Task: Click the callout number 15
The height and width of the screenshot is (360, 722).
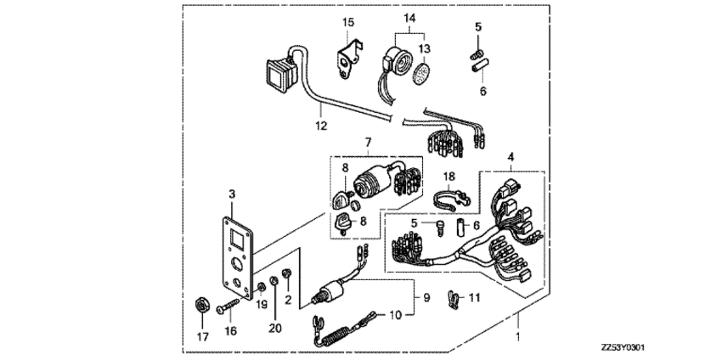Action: click(346, 21)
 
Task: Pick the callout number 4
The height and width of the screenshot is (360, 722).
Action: click(510, 157)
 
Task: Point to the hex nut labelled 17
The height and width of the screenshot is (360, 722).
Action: click(202, 304)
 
